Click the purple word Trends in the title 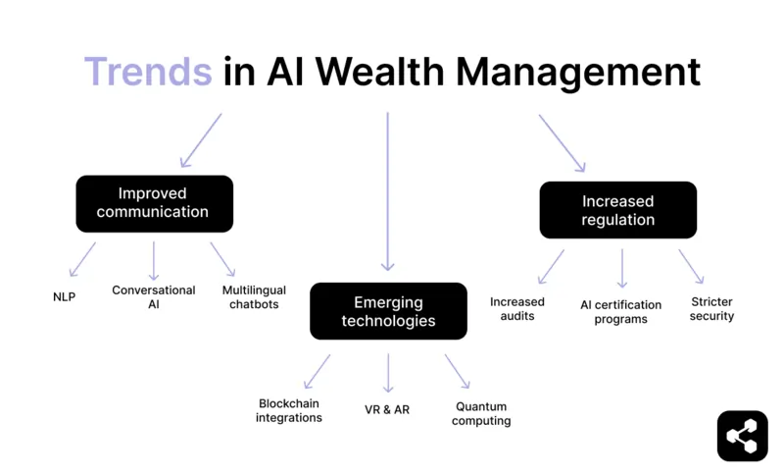click(x=147, y=72)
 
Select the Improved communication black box click(x=154, y=203)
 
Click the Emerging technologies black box click(x=388, y=311)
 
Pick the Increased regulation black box click(x=617, y=210)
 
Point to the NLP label click(x=66, y=295)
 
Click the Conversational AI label click(x=154, y=296)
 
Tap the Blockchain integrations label click(x=289, y=410)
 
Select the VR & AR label click(x=387, y=409)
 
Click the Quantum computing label click(x=482, y=413)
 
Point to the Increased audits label click(x=517, y=308)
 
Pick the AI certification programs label click(x=620, y=312)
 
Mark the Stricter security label click(x=711, y=308)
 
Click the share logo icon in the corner click(x=742, y=435)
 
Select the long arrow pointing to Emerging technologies click(x=388, y=190)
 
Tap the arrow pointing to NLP click(x=82, y=259)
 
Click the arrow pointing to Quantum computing click(x=458, y=371)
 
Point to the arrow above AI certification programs click(x=621, y=267)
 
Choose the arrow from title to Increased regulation click(x=562, y=143)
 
